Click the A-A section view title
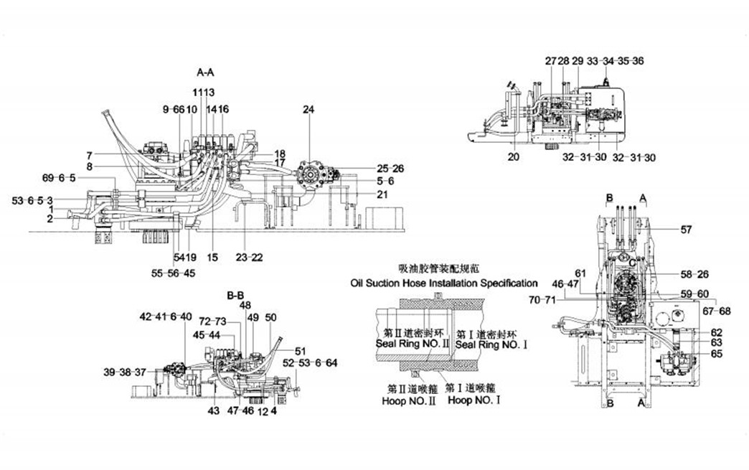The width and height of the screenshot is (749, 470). click(x=205, y=72)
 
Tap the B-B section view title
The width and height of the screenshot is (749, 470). click(x=236, y=295)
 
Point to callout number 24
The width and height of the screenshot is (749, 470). click(x=308, y=110)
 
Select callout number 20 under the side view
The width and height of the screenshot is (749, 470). click(x=513, y=156)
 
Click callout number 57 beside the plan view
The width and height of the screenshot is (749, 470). click(x=687, y=230)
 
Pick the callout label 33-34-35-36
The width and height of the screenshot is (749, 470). click(x=615, y=61)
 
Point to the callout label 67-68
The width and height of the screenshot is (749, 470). click(x=718, y=311)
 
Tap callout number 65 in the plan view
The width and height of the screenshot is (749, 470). click(x=717, y=354)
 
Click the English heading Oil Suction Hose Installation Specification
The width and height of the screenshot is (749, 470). click(x=444, y=283)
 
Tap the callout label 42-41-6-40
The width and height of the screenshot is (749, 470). click(x=166, y=316)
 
